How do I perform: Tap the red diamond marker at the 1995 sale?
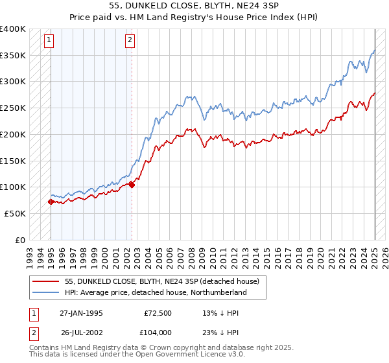pyautogui.click(x=51, y=202)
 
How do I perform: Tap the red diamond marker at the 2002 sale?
pyautogui.click(x=132, y=185)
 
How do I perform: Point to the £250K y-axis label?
pyautogui.click(x=14, y=108)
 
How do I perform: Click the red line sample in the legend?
pyautogui.click(x=47, y=281)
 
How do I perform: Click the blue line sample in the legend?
pyautogui.click(x=47, y=292)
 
